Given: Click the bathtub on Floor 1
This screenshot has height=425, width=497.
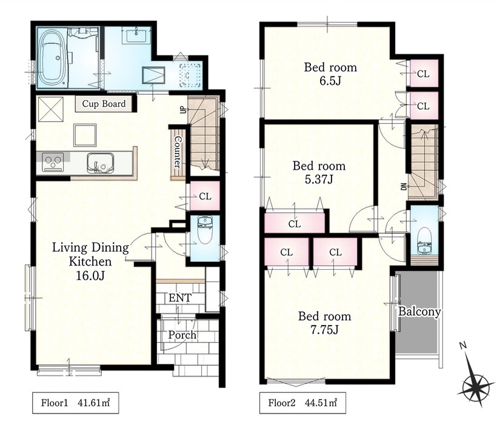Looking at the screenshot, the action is pyautogui.click(x=52, y=58).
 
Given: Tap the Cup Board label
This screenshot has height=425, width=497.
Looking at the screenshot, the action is pyautogui.click(x=104, y=104).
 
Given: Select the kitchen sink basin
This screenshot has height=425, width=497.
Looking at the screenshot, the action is pyautogui.click(x=100, y=163).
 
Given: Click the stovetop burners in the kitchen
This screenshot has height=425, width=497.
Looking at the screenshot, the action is pyautogui.click(x=53, y=162).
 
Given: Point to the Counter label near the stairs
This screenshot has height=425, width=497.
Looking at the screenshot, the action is pyautogui.click(x=178, y=152).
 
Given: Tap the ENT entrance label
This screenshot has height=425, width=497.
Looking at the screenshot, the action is pyautogui.click(x=180, y=298).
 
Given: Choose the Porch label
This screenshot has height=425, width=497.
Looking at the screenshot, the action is pyautogui.click(x=182, y=335).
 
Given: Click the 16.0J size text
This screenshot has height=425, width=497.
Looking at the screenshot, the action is pyautogui.click(x=90, y=276).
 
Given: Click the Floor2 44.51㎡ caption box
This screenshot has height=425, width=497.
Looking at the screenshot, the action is pyautogui.click(x=302, y=403).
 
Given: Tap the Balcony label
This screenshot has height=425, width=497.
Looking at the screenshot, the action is pyautogui.click(x=419, y=312).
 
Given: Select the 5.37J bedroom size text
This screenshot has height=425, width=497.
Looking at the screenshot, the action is pyautogui.click(x=319, y=180).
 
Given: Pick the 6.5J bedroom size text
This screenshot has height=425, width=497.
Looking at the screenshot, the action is pyautogui.click(x=330, y=81).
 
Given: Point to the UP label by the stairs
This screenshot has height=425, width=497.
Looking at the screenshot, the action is pyautogui.click(x=183, y=109).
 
